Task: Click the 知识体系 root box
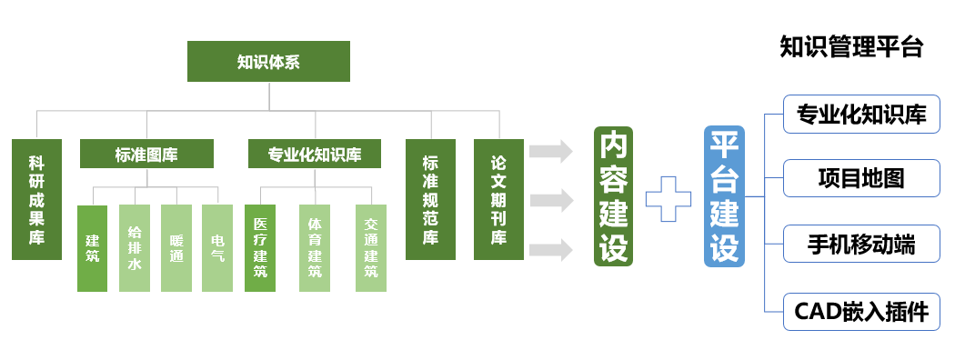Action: [x=268, y=62]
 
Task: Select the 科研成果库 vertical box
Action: [x=36, y=199]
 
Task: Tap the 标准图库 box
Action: [x=146, y=154]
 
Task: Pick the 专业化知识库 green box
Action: [x=315, y=154]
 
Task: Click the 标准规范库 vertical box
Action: [x=430, y=199]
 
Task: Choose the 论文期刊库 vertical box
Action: [x=498, y=199]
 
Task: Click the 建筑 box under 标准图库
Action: [x=92, y=248]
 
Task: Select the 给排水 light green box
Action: [x=135, y=248]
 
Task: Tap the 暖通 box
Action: [x=176, y=248]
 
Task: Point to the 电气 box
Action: [x=217, y=248]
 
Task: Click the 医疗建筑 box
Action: [x=260, y=248]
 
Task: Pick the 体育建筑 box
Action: [x=315, y=248]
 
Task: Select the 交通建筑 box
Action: [x=370, y=248]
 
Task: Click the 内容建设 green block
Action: [x=613, y=196]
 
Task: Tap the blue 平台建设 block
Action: [x=724, y=196]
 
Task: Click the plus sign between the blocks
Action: [x=668, y=197]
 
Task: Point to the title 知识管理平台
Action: [x=851, y=47]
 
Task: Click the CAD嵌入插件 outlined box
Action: [x=861, y=312]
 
